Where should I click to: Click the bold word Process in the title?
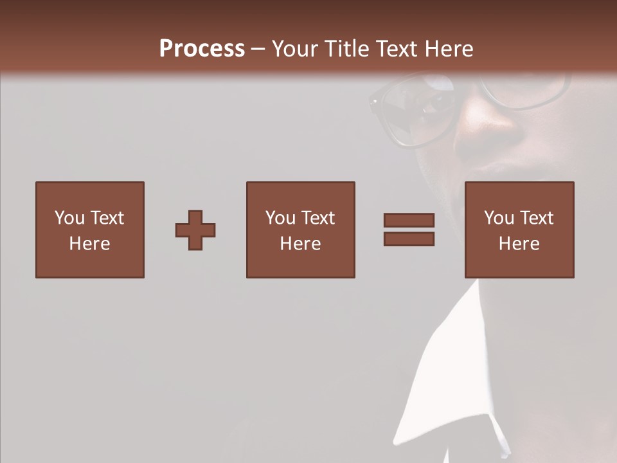[x=202, y=49]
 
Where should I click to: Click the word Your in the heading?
[x=296, y=49]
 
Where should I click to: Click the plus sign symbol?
[x=195, y=230]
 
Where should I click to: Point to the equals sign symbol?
[x=409, y=230]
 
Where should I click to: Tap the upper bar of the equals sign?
[x=409, y=221]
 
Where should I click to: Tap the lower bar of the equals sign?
[x=409, y=239]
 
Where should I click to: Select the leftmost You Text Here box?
[x=89, y=230]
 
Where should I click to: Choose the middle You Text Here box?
[x=300, y=230]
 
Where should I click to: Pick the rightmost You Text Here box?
[x=519, y=230]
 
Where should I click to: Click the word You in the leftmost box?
[x=69, y=218]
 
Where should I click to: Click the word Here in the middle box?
[x=300, y=244]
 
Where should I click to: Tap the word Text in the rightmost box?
[x=536, y=218]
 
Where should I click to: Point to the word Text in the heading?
[x=395, y=49]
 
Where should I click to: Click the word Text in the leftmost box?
[x=107, y=218]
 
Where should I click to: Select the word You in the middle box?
[x=280, y=218]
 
